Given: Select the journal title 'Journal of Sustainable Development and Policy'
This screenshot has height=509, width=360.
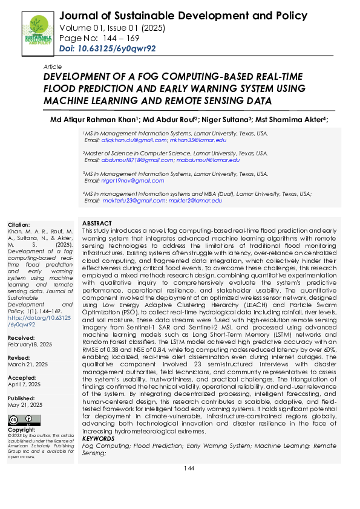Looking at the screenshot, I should [184, 16].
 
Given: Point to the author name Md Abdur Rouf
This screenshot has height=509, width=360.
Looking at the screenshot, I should [170, 119].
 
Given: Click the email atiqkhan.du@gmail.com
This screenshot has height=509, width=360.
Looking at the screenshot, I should [129, 140].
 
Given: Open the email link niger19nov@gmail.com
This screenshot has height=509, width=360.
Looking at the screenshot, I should [125, 181].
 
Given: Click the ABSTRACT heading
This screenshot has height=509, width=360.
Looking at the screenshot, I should [97, 224].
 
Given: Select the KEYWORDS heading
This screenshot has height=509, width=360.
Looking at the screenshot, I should [97, 438].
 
